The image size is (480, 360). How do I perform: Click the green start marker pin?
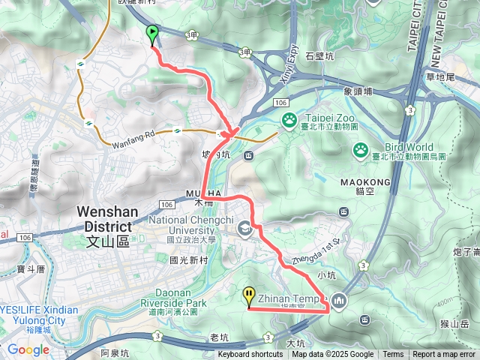(152, 34)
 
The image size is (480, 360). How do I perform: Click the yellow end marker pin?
(249, 296)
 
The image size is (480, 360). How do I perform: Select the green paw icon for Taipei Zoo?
(289, 119)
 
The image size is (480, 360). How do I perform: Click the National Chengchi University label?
(193, 225)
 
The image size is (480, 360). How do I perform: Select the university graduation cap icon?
(244, 227)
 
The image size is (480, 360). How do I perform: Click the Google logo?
(28, 349)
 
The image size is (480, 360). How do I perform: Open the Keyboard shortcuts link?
(250, 355)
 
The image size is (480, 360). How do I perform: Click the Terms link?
(393, 355)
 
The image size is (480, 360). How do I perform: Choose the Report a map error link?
(444, 355)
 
